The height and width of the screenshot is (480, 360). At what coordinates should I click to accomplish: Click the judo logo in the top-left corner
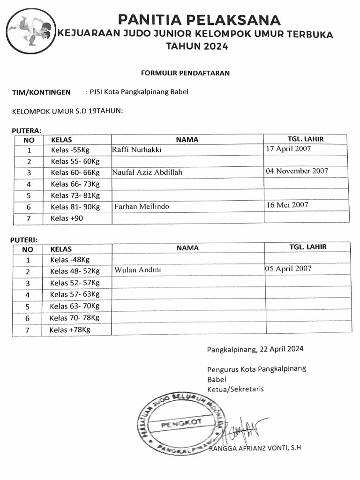pyautogui.click(x=30, y=31)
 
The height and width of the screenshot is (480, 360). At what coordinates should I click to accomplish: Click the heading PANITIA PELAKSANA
pyautogui.click(x=199, y=20)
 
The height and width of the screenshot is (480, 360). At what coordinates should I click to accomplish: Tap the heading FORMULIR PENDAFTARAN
pyautogui.click(x=185, y=73)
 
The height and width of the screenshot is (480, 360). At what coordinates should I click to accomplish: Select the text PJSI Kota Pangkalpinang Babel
pyautogui.click(x=137, y=92)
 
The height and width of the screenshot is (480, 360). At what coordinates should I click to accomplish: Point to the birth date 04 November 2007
pyautogui.click(x=297, y=171)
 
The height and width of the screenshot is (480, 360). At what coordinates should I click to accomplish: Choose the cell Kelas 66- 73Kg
pyautogui.click(x=75, y=184)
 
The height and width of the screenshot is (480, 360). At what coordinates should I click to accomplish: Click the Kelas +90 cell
pyautogui.click(x=67, y=218)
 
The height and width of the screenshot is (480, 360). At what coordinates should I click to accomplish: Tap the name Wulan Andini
pyautogui.click(x=138, y=270)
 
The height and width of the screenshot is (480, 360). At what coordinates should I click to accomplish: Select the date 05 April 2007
pyautogui.click(x=288, y=269)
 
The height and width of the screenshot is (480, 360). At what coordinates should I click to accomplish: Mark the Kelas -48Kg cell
pyautogui.click(x=70, y=260)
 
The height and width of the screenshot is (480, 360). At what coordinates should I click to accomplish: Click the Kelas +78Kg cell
pyautogui.click(x=69, y=330)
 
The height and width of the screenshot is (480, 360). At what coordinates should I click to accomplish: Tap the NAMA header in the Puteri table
pyautogui.click(x=187, y=248)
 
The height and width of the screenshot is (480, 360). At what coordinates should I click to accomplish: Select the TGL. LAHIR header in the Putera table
pyautogui.click(x=305, y=139)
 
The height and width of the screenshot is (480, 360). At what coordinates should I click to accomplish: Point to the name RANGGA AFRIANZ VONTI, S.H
pyautogui.click(x=255, y=448)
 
